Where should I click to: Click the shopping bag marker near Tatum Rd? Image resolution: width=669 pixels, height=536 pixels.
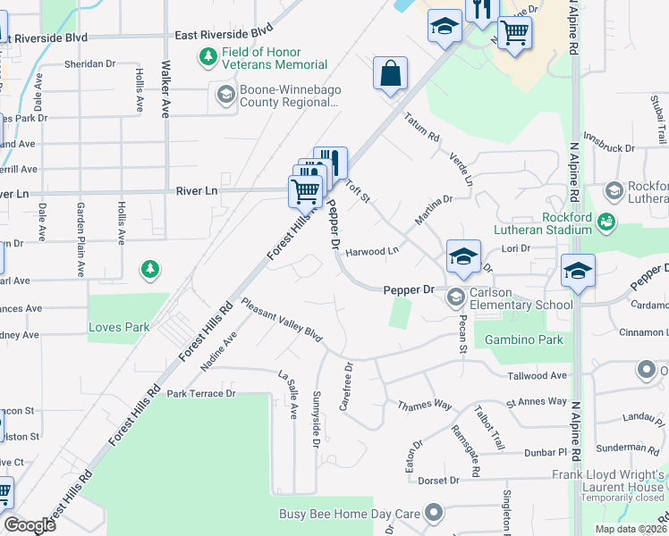(391, 74)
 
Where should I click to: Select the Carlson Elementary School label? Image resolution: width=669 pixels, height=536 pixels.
(523, 305)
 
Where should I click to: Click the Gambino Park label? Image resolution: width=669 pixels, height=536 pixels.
(523, 340)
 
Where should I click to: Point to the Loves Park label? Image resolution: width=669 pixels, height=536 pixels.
(119, 327)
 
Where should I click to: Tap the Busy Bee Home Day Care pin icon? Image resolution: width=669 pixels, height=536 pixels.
(434, 513)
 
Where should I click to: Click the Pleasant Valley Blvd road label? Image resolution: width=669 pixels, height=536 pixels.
(281, 320)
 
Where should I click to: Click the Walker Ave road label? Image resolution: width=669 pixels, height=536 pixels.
(165, 89)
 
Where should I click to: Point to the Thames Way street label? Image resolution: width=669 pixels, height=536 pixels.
(424, 405)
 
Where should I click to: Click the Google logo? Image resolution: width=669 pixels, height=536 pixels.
(30, 524)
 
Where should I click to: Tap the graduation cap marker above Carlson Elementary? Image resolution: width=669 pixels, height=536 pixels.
(463, 256)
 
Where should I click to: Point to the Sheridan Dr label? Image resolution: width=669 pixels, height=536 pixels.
(91, 64)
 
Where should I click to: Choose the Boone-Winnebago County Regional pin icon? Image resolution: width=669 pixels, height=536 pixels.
(224, 94)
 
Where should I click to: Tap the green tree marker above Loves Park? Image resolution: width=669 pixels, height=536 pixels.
(150, 268)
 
